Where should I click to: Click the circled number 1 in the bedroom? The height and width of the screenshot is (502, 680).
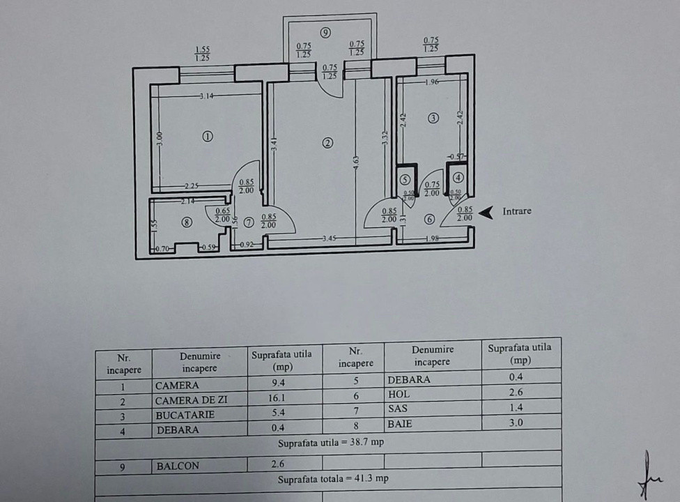point(207,137)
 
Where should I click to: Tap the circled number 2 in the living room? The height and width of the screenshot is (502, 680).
point(327,143)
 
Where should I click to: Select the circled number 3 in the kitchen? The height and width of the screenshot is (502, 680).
point(433,118)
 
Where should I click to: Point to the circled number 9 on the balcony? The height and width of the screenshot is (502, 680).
point(325,32)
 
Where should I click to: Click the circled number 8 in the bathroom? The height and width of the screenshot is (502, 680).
point(186,222)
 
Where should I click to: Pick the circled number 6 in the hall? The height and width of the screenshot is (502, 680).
point(429,220)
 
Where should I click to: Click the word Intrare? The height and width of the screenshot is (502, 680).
point(516,211)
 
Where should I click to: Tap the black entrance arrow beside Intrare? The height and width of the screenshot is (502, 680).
point(489,211)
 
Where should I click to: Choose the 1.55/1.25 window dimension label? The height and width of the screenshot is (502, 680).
point(203,54)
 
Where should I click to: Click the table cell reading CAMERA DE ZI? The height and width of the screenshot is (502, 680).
point(191,400)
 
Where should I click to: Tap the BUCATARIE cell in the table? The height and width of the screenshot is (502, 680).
point(185,415)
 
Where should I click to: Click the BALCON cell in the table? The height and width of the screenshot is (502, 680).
point(177,466)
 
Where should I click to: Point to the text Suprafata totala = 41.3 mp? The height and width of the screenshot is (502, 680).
point(328,480)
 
